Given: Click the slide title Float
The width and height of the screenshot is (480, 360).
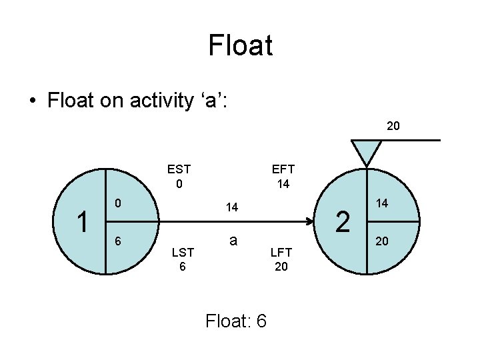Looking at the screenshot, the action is coord(240,46).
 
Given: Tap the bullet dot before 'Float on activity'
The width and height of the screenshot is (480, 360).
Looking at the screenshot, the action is coord(32,102).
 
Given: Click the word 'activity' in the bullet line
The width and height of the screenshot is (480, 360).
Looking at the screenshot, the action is coord(160,102).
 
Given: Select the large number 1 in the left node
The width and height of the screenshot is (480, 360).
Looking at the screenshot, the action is coord(83,221).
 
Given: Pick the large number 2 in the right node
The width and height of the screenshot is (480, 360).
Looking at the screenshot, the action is coord(343,221).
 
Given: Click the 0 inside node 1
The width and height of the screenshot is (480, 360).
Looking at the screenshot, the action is coord(117,202).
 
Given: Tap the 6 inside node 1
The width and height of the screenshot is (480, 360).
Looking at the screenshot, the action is coord(117,241).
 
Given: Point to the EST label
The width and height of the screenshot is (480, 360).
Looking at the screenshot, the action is coord(179,169).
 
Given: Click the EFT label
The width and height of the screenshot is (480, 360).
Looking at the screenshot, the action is coord(283,169).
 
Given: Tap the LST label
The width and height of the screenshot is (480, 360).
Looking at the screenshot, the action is coord(183,252).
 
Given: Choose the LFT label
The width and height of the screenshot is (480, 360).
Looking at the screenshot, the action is coord(281,252).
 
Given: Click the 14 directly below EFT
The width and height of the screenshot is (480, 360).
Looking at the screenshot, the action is coord(283,184).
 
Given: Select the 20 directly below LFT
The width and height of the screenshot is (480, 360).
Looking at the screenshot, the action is coord(281,267).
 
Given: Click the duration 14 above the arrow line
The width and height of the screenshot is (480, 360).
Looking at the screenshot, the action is coord(232,208).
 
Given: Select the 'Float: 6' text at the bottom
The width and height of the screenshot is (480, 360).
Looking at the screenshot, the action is coord(236,321).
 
